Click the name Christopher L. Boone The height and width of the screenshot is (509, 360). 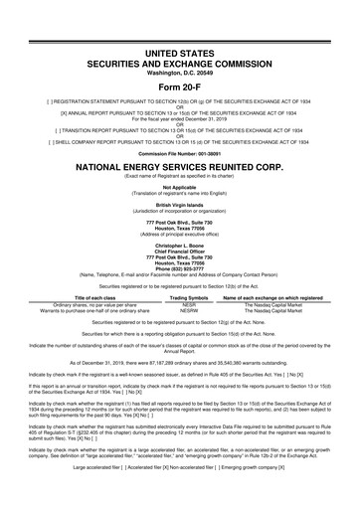coord(179,243)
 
